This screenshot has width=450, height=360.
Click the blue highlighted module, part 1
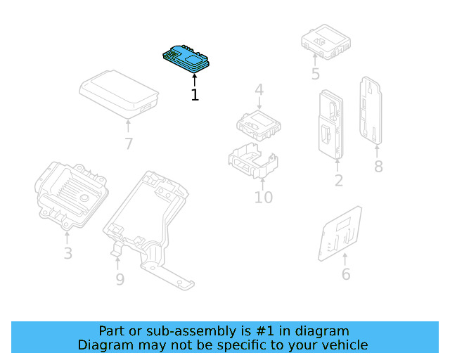coord(186,58)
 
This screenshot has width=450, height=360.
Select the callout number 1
coord(195,95)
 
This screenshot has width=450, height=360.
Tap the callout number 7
coord(128,145)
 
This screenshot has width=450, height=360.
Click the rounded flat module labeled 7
coord(119,92)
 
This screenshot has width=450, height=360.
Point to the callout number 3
coord(67,253)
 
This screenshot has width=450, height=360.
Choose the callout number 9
coord(120,280)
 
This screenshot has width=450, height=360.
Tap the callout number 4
coord(259,90)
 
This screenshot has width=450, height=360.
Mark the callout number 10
coord(263,198)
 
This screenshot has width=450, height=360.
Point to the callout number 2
coord(339,181)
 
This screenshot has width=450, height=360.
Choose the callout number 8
coord(378,167)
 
